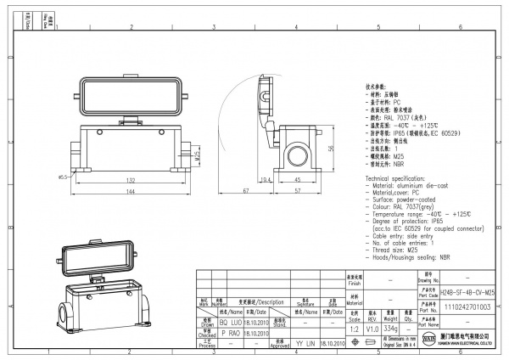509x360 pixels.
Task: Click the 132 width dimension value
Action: (131, 180)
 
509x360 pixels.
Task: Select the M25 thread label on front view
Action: (198, 157)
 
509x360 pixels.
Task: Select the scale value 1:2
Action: (354, 327)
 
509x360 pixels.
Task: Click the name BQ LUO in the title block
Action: (232, 323)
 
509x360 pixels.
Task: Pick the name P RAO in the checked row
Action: (232, 335)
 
